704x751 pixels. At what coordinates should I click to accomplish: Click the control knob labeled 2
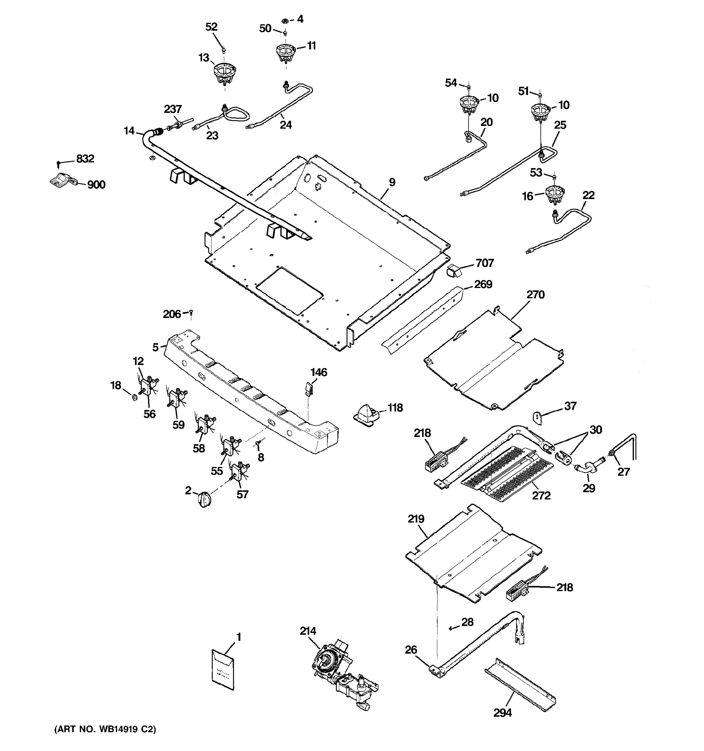point(204,499)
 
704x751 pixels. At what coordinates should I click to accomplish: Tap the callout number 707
point(485,263)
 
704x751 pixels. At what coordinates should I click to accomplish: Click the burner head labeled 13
point(225,73)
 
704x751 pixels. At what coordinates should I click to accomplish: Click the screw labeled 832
point(59,164)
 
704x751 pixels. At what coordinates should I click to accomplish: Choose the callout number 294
point(502,713)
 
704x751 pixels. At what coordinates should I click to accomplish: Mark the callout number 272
point(541,495)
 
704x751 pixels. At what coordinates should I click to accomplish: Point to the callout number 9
point(392,182)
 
